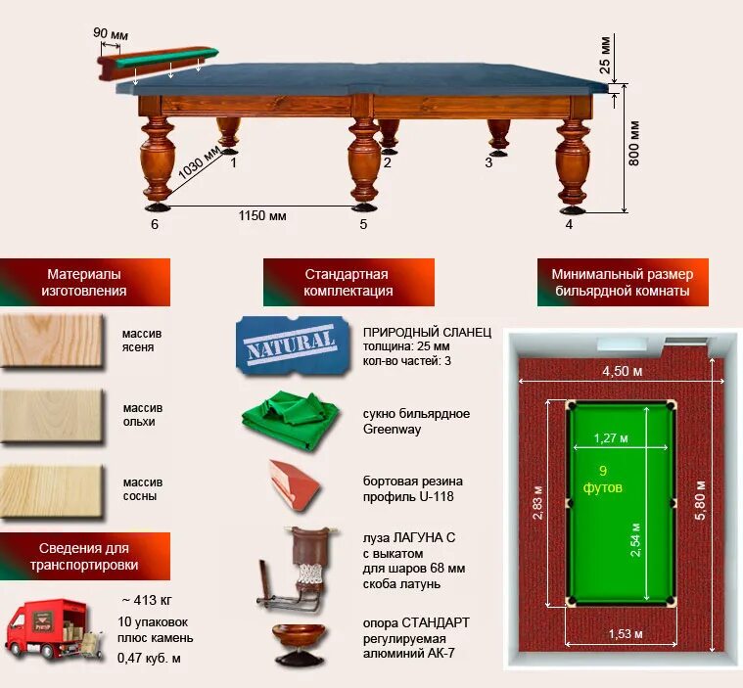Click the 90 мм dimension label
click(x=110, y=33)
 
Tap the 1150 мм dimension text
click(x=262, y=215)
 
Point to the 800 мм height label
click(x=634, y=143)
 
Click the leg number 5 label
click(x=363, y=224)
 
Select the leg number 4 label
click(x=569, y=224)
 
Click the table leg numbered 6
click(x=157, y=161)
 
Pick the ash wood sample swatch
click(x=51, y=341)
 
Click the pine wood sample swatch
click(x=51, y=490)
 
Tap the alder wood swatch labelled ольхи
click(x=51, y=415)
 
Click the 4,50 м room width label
click(x=621, y=371)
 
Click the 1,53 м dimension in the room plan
click(x=626, y=634)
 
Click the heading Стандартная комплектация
click(x=347, y=283)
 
